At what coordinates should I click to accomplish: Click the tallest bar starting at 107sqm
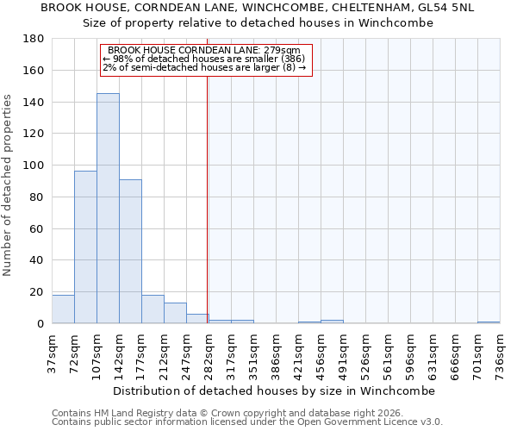tap(108, 209)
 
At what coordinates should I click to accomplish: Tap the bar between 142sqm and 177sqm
tap(130, 252)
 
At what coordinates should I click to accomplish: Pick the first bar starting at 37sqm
tap(63, 309)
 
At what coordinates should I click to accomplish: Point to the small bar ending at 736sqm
tap(489, 322)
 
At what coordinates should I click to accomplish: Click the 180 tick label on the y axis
tap(34, 39)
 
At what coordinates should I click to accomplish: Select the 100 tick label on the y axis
tap(34, 166)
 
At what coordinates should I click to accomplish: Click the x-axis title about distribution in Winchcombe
tap(274, 390)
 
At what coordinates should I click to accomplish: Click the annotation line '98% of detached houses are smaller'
tap(204, 59)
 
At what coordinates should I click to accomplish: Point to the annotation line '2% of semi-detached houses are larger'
tap(204, 67)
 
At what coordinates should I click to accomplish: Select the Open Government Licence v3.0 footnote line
tap(247, 422)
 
